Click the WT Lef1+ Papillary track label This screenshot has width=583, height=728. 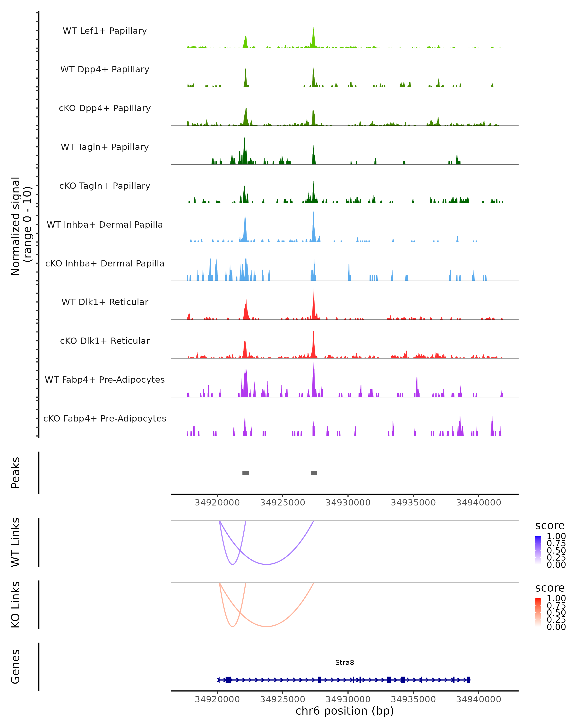tap(105, 31)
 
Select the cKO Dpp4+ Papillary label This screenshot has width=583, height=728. tap(105, 108)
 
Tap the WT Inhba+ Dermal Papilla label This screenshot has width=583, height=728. tap(105, 224)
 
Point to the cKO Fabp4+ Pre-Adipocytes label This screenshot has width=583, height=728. tap(105, 418)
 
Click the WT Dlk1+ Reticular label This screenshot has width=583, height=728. tap(105, 302)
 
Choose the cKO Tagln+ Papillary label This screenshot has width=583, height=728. tap(105, 186)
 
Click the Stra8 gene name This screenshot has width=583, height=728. tap(344, 662)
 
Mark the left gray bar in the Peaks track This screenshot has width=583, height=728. tap(246, 473)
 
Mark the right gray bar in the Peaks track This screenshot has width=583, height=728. tap(314, 473)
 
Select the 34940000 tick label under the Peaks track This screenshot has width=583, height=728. tap(479, 503)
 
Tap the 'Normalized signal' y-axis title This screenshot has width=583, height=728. tap(16, 226)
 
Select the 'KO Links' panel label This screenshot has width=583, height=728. tap(16, 604)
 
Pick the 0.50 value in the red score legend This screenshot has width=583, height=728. tap(556, 612)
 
